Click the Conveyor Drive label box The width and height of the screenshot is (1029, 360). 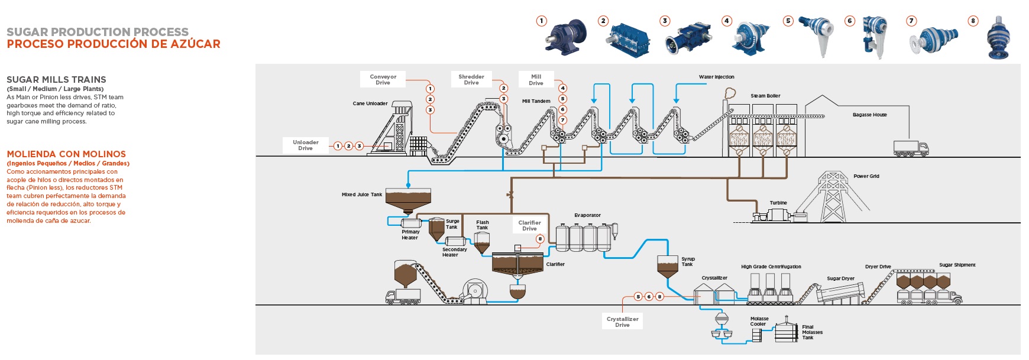[383, 79]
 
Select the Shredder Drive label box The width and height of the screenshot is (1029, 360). [471, 79]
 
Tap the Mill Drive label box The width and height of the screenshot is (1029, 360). [536, 79]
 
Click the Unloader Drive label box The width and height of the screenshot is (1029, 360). [305, 145]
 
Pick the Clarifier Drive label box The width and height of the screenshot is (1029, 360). [529, 225]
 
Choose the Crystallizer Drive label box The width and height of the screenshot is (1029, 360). [622, 322]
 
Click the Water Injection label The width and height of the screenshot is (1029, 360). [716, 77]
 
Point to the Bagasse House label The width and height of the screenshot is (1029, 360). [869, 115]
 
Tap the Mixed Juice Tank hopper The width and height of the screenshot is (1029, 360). [408, 199]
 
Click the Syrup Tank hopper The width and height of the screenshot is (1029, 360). [668, 265]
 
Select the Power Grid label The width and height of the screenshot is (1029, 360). [866, 176]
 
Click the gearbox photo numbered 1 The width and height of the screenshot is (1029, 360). [565, 37]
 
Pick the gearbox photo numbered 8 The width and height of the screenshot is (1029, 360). [999, 38]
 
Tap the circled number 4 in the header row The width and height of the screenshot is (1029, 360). [727, 21]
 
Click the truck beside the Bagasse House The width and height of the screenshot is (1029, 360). [911, 148]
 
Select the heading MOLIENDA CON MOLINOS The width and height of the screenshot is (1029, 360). [66, 154]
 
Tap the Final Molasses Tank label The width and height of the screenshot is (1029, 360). [812, 332]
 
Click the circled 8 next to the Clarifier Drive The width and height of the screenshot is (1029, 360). [540, 239]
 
